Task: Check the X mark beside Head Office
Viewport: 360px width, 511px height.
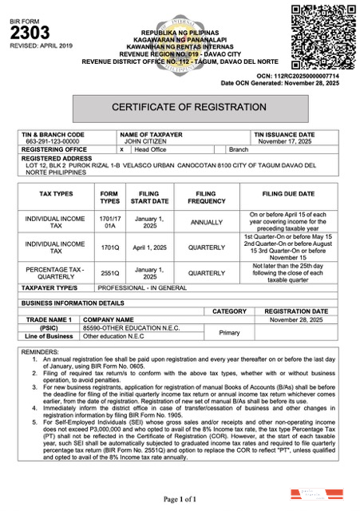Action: (121, 149)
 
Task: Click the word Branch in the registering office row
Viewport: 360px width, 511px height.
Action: (239, 149)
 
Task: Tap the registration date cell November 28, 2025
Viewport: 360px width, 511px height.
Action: (296, 319)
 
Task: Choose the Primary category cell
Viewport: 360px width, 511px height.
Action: (230, 331)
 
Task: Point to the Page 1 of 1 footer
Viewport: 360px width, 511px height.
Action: (180, 498)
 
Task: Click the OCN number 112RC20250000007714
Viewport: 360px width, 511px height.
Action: (304, 76)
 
